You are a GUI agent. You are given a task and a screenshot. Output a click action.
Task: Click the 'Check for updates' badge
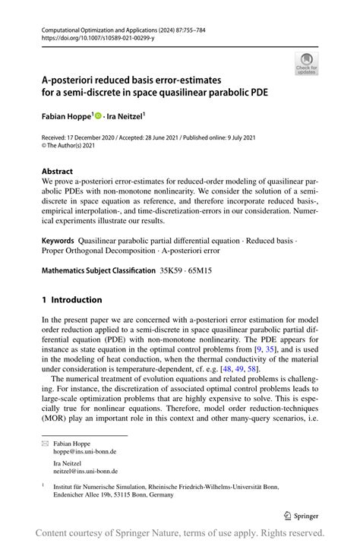(306, 64)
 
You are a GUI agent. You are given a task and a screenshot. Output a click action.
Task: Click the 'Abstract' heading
(58, 172)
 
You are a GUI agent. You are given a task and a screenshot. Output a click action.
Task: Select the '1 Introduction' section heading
(71, 300)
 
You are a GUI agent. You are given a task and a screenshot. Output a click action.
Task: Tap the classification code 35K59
(171, 270)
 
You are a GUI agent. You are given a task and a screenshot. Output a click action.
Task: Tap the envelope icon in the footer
(45, 441)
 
